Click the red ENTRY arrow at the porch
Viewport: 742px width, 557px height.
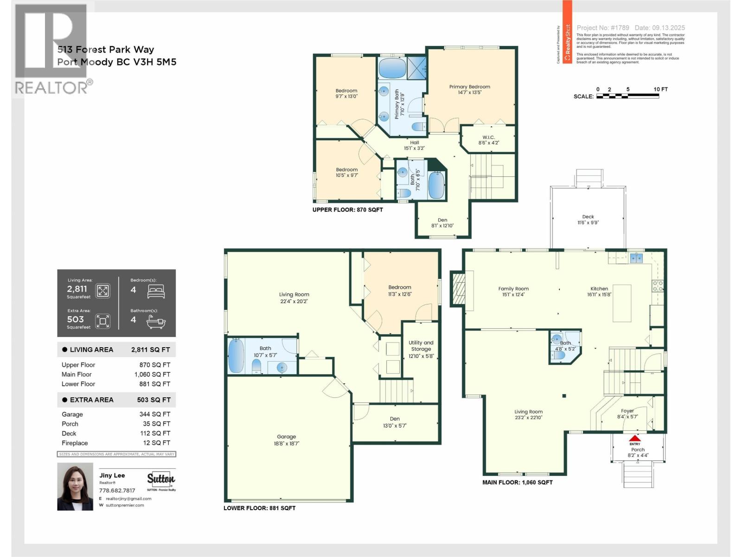(x=634, y=438)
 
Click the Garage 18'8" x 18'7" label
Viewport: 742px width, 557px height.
(x=286, y=440)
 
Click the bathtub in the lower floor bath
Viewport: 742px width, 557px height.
(x=236, y=356)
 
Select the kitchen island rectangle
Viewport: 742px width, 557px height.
(x=621, y=303)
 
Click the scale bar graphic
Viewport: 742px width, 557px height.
(x=627, y=96)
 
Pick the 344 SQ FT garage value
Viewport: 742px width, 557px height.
(x=154, y=414)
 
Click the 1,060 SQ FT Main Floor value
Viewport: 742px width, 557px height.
(x=152, y=374)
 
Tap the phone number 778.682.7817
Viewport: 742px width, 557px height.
(x=117, y=490)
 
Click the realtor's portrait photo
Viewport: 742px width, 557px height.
(x=75, y=486)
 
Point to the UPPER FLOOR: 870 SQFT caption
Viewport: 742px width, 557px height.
(x=347, y=210)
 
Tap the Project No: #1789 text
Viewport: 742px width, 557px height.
(x=603, y=28)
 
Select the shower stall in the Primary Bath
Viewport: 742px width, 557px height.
(x=416, y=67)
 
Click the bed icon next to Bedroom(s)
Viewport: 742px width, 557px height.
(x=155, y=291)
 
